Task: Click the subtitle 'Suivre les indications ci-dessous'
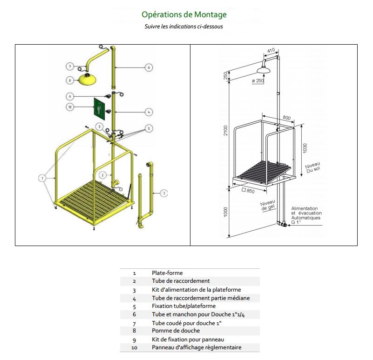pyautogui.click(x=184, y=27)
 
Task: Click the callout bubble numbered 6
pyautogui.click(x=149, y=67)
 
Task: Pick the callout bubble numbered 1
pyautogui.click(x=42, y=177)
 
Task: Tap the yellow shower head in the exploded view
pyautogui.click(x=87, y=79)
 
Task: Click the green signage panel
pyautogui.click(x=100, y=108)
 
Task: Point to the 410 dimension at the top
pyautogui.click(x=271, y=50)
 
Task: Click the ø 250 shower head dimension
pyautogui.click(x=258, y=81)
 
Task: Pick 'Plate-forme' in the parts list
pyautogui.click(x=167, y=273)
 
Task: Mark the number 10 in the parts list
pyautogui.click(x=134, y=347)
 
